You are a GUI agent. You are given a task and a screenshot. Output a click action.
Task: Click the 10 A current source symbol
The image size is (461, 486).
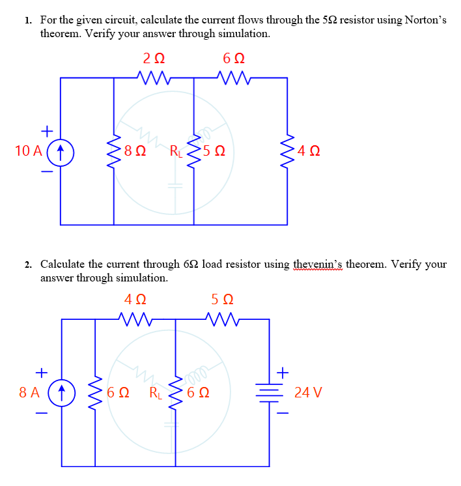point(60,152)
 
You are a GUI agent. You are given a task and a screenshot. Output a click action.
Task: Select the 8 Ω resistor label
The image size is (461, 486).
point(135,152)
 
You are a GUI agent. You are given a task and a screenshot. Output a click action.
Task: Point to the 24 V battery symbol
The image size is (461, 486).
point(269,393)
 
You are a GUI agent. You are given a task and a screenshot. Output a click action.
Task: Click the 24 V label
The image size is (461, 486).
point(308,393)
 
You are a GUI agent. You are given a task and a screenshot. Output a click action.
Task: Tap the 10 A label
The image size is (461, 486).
point(28,152)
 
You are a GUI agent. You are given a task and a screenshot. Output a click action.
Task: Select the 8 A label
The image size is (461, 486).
point(30,393)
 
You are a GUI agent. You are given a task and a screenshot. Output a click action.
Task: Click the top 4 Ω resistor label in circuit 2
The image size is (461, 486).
point(135,300)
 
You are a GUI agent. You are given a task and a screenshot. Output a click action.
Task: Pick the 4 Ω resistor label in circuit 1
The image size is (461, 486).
point(307,152)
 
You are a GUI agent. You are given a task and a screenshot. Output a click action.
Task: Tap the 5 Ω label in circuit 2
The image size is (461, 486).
point(222,300)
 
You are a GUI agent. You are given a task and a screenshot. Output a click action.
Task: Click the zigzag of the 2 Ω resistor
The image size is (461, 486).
point(154,78)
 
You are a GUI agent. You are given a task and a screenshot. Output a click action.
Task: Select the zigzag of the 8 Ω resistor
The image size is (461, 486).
point(115,152)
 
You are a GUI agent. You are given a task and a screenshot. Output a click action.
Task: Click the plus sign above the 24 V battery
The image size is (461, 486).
point(283,372)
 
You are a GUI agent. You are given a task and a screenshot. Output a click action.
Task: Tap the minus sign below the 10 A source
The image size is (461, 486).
point(45,172)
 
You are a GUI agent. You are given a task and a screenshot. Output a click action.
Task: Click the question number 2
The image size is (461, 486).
point(29,264)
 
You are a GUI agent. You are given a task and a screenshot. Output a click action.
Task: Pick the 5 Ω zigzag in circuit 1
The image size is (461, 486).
point(194,152)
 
